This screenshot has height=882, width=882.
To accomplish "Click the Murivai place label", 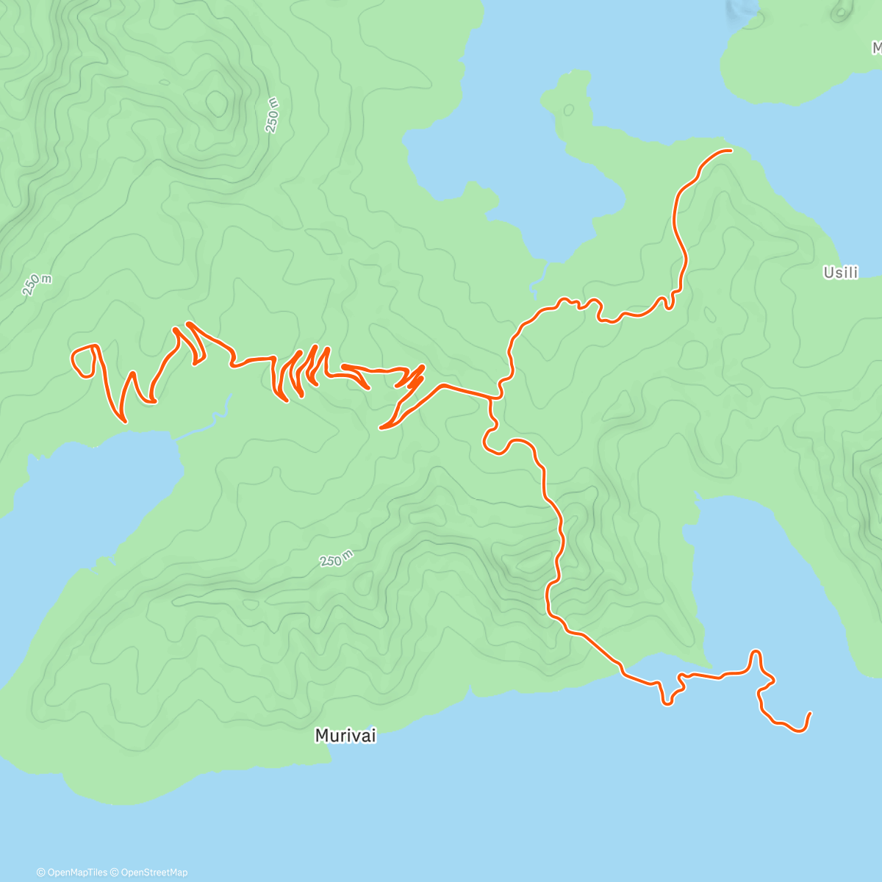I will click(x=345, y=735).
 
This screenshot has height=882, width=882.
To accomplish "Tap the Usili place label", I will click(x=840, y=273).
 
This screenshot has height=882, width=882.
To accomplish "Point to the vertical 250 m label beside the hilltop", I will click(x=273, y=115).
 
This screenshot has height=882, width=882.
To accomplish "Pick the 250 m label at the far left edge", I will click(x=36, y=284).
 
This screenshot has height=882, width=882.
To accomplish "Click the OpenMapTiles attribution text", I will click(x=72, y=872).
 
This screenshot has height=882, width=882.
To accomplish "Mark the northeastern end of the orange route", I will click(x=731, y=150).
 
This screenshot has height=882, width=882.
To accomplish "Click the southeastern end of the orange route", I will click(x=810, y=713).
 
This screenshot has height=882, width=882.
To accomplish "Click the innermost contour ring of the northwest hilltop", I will click(x=217, y=103).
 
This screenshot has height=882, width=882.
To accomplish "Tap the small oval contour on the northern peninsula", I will click(x=568, y=110).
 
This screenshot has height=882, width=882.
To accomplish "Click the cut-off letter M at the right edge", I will click(x=876, y=49).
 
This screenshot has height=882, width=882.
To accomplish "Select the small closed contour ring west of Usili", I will click(x=710, y=315).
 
